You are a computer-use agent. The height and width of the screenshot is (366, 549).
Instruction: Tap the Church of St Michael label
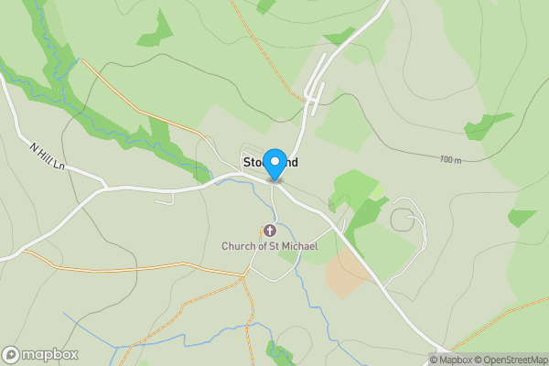click(x=269, y=246)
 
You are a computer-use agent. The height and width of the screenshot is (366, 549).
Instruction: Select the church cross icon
click(x=269, y=231)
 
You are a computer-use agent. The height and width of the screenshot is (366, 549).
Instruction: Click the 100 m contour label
click(x=450, y=160)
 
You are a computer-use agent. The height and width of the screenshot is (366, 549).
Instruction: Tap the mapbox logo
click(x=40, y=354)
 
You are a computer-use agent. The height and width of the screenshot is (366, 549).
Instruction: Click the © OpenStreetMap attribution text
click(x=515, y=359)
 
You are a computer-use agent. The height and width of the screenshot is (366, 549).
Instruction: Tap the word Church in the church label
click(x=238, y=246)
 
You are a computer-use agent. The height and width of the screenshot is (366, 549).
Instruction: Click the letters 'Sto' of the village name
click(x=252, y=162)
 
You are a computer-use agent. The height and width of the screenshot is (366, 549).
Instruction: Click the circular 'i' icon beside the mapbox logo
click(x=11, y=354)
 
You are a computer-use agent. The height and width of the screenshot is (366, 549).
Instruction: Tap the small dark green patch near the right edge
click(x=522, y=218)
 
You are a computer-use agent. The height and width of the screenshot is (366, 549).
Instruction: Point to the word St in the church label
click(x=272, y=246)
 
